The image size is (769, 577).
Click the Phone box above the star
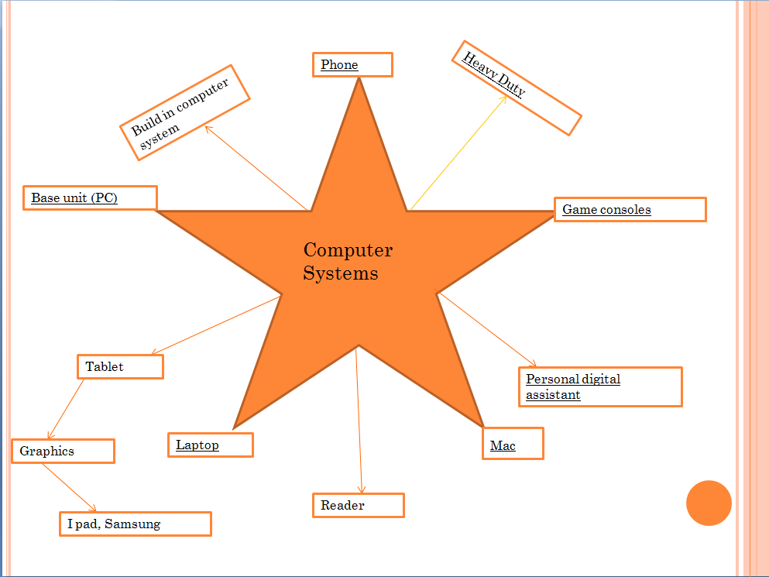coord(352,65)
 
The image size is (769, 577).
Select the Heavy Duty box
coord(515,88)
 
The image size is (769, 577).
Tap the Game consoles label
coord(630,210)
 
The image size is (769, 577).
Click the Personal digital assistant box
coord(599,386)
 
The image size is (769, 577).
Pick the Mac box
coord(512,444)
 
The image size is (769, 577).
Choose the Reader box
coord(358,506)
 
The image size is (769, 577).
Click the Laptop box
coord(210,445)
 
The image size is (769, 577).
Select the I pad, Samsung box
coord(136,524)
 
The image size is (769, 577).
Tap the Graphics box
coord(63,451)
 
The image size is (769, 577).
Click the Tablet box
coord(120,366)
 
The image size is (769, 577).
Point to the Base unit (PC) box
coord(90,198)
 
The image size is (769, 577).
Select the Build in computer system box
coord(186,113)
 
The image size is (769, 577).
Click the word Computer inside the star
coord(348,250)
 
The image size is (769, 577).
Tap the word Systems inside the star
coord(341,273)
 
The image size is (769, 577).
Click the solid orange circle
coord(709,503)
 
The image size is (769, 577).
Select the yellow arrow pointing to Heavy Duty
coord(457,153)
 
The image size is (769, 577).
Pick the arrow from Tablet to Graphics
coord(65,409)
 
